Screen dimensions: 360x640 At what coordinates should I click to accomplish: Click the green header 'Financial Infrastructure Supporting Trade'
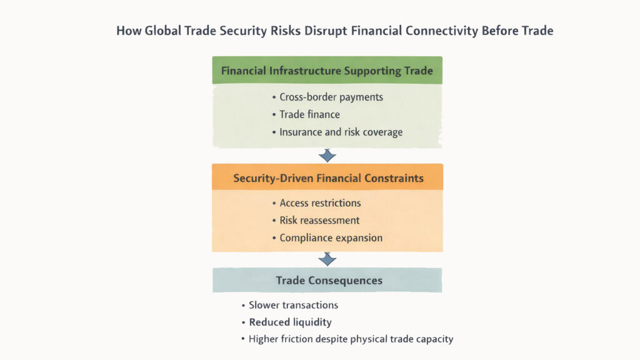coord(327,71)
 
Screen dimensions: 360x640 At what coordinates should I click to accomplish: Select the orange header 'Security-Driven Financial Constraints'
coord(327,178)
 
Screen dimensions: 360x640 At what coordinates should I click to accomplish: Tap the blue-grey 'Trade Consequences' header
coord(327,281)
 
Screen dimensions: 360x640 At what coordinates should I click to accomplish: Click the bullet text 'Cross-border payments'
coord(331,97)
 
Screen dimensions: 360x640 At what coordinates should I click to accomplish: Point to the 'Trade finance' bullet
coord(310,114)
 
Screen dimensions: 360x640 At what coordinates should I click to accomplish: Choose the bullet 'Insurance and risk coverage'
coord(341,132)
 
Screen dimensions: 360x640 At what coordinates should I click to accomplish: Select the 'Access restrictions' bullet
coord(320,202)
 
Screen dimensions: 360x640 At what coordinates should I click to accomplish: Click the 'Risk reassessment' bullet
coord(319,220)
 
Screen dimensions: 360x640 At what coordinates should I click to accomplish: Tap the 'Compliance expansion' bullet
coord(331,237)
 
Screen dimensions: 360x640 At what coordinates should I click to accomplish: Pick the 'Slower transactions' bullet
coord(293,305)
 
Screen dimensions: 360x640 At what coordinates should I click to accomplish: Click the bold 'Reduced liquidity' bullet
coord(290,322)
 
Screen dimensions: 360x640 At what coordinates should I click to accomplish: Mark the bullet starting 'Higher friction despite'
coord(351,339)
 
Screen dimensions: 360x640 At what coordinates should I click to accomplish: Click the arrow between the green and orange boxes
coord(327,156)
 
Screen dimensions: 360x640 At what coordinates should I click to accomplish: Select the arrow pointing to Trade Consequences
coord(327,259)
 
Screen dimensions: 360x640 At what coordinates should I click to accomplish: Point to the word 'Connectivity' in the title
coord(439,31)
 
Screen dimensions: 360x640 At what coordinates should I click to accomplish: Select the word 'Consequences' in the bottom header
coord(344,281)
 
